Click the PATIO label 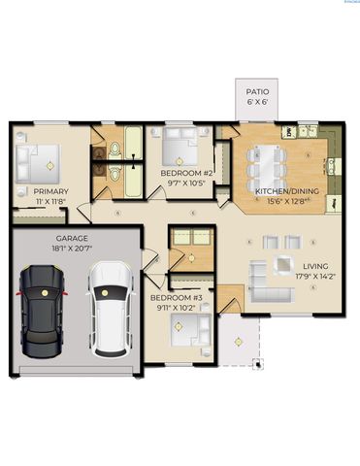click(257, 91)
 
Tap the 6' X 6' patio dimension click(257, 101)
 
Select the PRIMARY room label click(50, 192)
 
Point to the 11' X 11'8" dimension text click(50, 202)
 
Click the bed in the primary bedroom click(37, 159)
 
